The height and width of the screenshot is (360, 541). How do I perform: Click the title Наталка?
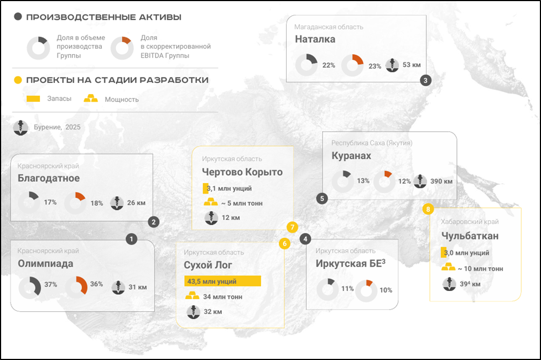[x=315, y=39]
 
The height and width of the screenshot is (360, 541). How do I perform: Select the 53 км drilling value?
[x=412, y=65]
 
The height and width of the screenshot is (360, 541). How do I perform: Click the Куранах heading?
[x=351, y=156]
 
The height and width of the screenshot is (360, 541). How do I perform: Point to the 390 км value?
[x=441, y=181]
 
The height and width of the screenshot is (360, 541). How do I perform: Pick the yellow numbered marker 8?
[x=428, y=209]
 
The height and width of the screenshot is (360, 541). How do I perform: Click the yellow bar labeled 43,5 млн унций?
[x=222, y=281]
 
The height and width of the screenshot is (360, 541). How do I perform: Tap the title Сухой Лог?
[x=207, y=265]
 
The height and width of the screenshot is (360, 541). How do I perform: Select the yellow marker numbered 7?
[x=292, y=227]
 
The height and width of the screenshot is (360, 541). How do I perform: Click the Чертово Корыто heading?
[x=242, y=172]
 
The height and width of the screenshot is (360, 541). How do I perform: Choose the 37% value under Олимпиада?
[x=51, y=285]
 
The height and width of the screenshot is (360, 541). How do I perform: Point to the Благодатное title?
[x=49, y=178]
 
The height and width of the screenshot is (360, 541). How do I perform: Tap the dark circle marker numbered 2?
[x=154, y=222]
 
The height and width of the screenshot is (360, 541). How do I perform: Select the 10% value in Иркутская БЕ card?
[x=386, y=290]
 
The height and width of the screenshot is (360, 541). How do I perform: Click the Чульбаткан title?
[x=470, y=237]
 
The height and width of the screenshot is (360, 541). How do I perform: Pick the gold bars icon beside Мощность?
[x=90, y=99]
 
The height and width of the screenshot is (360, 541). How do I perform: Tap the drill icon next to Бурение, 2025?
[x=21, y=127]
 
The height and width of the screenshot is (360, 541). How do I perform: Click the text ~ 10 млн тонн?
[x=480, y=269]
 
